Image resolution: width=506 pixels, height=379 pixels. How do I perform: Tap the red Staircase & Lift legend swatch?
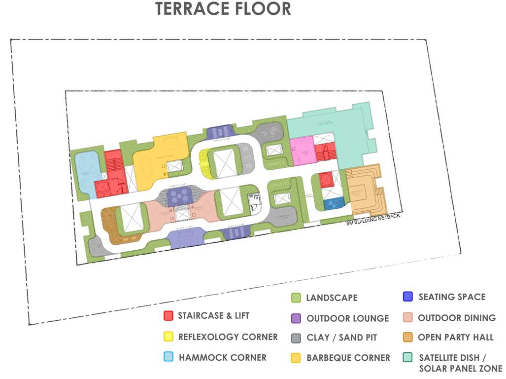click(169, 316)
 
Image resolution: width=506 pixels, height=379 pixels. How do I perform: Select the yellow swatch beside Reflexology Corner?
click(169, 337)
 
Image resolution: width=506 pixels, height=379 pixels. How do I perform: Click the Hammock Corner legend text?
click(222, 358)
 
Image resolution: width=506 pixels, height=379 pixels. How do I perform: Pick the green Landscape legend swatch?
click(296, 298)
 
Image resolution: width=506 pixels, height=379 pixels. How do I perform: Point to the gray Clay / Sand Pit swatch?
click(296, 338)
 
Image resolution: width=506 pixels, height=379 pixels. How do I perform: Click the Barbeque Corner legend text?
click(348, 358)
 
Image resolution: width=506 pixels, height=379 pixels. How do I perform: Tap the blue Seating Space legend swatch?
click(407, 297)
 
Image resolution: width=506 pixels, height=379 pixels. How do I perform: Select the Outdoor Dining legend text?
click(457, 318)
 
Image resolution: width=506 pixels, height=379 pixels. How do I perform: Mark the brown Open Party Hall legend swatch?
click(407, 338)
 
